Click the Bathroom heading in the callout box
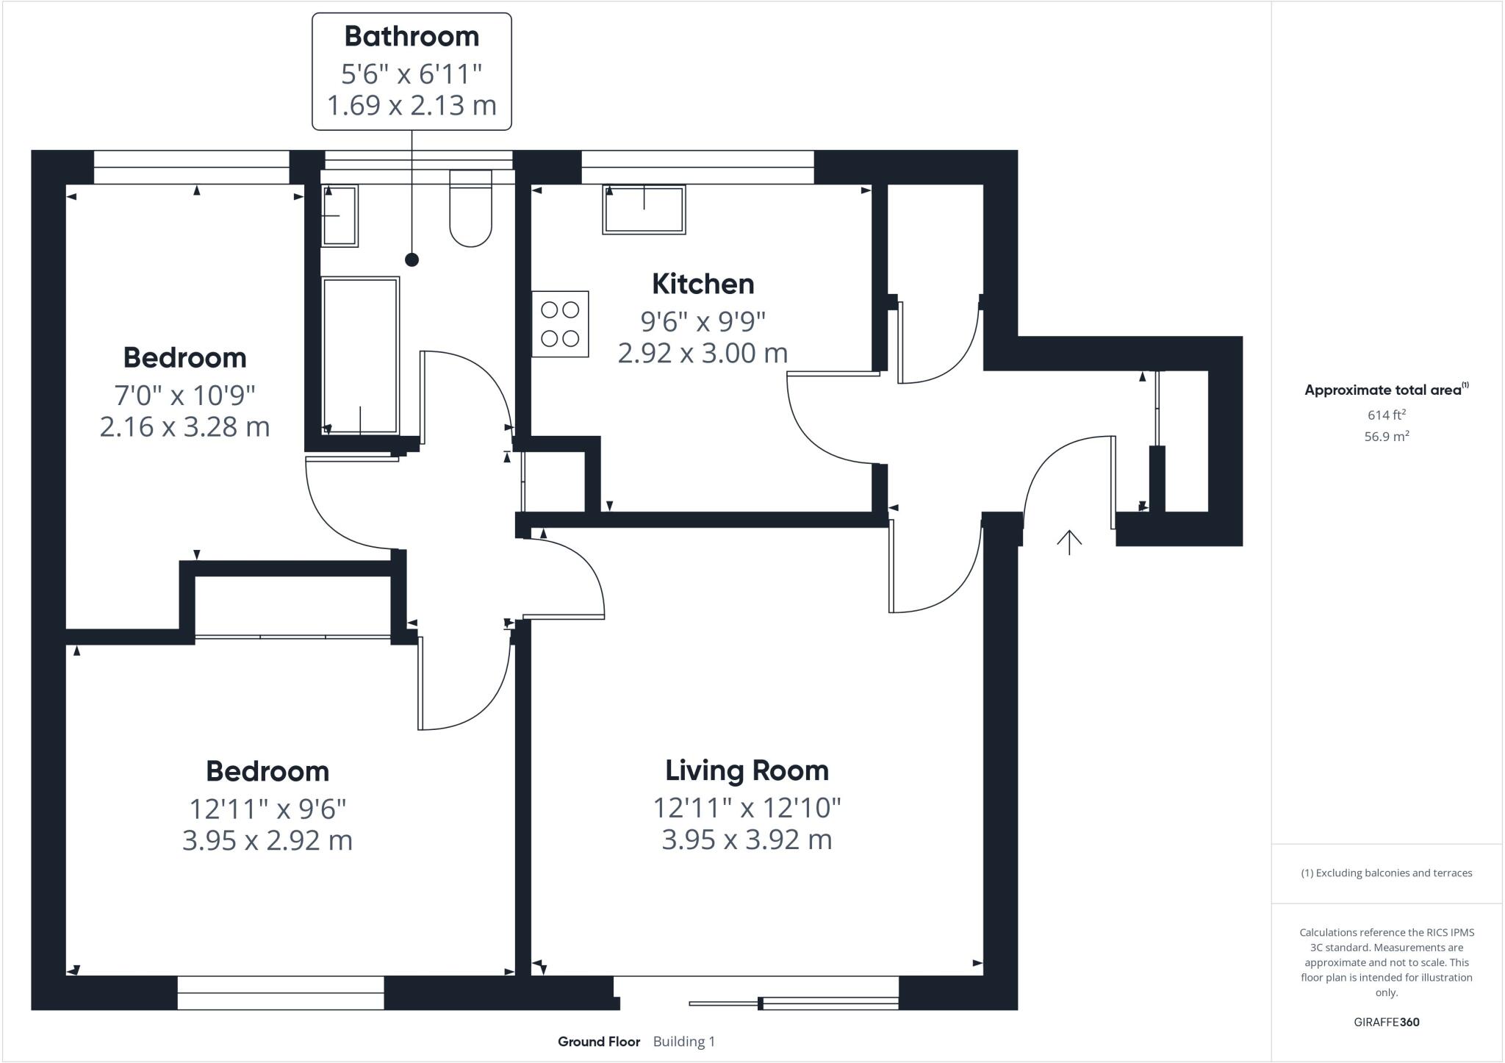tap(412, 36)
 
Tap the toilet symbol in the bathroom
tap(470, 209)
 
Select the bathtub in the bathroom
tap(360, 355)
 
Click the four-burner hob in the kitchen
tap(560, 324)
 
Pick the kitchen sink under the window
tap(644, 210)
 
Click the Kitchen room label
tap(703, 284)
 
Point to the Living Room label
tap(747, 770)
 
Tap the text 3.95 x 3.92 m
tap(747, 840)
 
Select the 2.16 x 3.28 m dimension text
tap(184, 426)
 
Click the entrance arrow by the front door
tap(1069, 542)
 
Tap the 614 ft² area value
tap(1386, 415)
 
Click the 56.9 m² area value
tap(1386, 437)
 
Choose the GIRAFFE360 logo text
tap(1386, 1022)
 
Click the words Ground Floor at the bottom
tap(599, 1042)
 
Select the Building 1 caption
tap(683, 1042)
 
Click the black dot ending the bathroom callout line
tap(412, 260)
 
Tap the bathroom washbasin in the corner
tap(340, 215)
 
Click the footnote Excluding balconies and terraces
tap(1386, 873)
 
